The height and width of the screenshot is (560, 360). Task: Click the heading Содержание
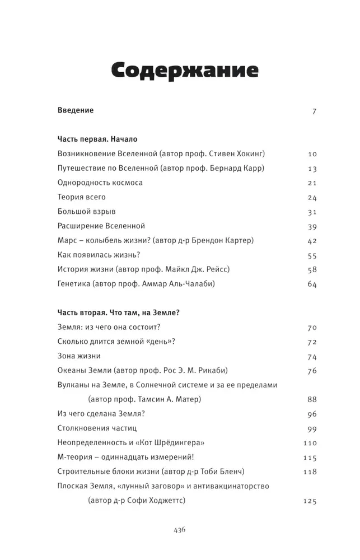(184, 71)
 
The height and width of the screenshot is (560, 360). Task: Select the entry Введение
(76, 110)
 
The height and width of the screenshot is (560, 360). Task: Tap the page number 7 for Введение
(315, 111)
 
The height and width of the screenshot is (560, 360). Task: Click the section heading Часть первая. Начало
(97, 139)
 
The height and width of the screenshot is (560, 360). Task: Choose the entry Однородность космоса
(100, 183)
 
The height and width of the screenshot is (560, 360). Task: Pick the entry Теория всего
(82, 197)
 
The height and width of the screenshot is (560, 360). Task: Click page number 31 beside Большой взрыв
(312, 212)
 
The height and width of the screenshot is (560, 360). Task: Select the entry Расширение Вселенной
(101, 226)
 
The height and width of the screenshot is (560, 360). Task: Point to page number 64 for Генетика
(312, 284)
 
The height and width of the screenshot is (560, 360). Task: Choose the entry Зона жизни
(79, 356)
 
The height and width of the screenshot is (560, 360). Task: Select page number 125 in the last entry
(309, 501)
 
